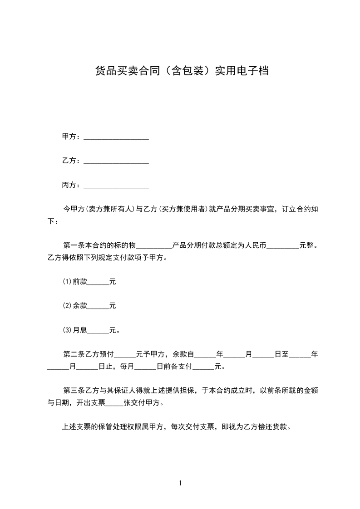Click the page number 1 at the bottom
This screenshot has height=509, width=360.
pyautogui.click(x=180, y=483)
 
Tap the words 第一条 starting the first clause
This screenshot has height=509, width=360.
pyautogui.click(x=73, y=246)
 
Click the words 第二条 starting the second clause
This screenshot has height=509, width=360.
pyautogui.click(x=73, y=354)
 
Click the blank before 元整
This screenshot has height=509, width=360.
pyautogui.click(x=283, y=248)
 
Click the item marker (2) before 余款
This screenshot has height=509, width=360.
pyautogui.click(x=67, y=306)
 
